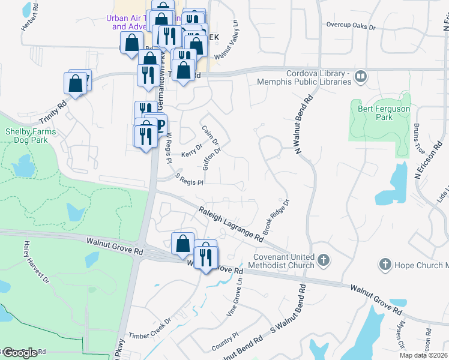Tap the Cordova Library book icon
(x=361, y=76)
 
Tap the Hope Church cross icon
(x=384, y=264)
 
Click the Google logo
(x=20, y=352)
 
